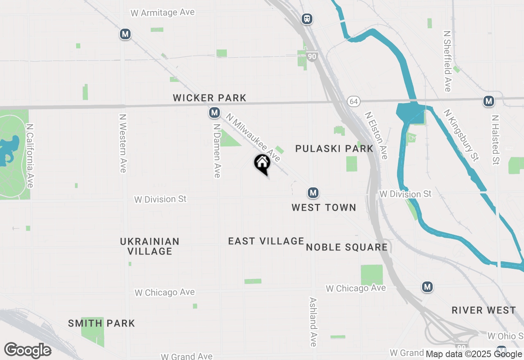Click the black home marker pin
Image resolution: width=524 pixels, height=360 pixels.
[x=262, y=164]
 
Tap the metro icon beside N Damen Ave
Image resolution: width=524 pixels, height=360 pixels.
[x=214, y=112]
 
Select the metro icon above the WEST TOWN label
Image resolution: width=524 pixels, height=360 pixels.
[x=313, y=193]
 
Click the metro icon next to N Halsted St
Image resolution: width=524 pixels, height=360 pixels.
[x=488, y=101]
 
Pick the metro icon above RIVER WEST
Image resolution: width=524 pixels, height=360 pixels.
[x=427, y=287]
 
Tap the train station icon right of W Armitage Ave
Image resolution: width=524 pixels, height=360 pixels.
[x=307, y=18]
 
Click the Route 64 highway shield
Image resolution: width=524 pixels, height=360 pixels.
[x=353, y=101]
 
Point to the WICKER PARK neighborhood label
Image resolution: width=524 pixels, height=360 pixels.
[x=210, y=98]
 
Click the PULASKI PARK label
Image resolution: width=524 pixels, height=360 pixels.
[x=334, y=148]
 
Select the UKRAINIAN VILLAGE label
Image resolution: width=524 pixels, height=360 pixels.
[x=150, y=246]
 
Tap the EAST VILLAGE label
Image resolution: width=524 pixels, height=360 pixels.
[x=266, y=241]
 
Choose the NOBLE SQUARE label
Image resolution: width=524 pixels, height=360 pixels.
[x=347, y=247]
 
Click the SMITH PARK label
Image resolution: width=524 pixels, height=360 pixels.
[x=102, y=323]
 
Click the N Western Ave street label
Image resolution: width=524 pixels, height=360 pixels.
[x=122, y=143]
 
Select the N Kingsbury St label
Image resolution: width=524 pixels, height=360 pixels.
[x=461, y=135]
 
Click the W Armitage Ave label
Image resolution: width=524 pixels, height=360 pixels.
[x=163, y=13]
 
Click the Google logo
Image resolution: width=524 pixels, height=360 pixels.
[x=27, y=351]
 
